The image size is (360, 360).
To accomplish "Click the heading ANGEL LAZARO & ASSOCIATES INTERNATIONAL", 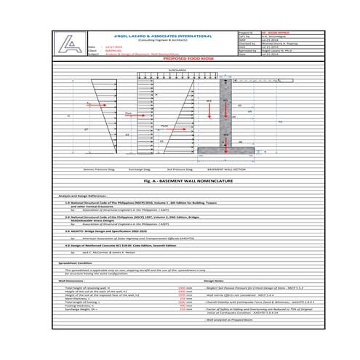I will point(158,36).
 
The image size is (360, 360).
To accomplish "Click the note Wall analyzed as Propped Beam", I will point(229,319).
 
